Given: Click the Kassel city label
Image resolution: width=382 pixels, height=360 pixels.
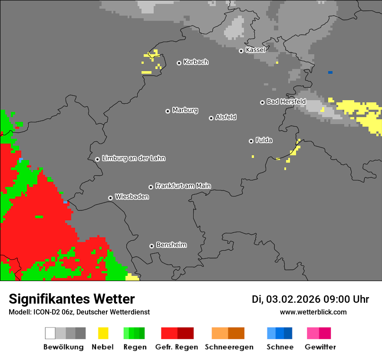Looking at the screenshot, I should tap(255, 50).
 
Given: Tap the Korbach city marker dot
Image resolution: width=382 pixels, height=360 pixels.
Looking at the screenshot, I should tap(179, 63).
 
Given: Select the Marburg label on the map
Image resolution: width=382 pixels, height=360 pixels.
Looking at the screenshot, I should tap(185, 110).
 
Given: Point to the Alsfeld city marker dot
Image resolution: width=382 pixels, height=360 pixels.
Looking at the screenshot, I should tap(211, 118).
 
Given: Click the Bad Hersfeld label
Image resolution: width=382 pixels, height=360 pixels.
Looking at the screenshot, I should tap(286, 101).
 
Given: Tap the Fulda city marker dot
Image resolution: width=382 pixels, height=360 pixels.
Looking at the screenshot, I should tap(251, 141).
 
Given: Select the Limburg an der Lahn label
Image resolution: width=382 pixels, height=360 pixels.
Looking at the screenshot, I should tap(133, 158).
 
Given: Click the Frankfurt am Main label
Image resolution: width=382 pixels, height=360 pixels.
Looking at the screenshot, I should tap(183, 186).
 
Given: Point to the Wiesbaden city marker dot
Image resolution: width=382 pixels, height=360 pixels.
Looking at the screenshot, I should tap(110, 198).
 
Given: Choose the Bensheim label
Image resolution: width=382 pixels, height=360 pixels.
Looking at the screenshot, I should tap(171, 245).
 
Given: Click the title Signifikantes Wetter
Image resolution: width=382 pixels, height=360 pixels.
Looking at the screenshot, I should tap(72, 299).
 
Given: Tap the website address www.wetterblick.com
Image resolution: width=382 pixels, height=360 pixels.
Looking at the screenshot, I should tap(313, 312).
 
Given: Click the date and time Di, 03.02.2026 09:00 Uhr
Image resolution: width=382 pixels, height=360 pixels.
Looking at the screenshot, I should tap(310, 299).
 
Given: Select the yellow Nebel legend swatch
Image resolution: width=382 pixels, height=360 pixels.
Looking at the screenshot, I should tap(103, 333).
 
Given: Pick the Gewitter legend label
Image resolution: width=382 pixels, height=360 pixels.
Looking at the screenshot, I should tap(320, 347).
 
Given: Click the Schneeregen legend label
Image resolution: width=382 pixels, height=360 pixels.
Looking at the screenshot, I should tap(228, 347).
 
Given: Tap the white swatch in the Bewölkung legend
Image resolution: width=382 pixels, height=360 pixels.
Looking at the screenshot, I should tap(50, 333).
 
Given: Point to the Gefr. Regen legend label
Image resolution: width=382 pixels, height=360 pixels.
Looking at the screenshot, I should tap(177, 347).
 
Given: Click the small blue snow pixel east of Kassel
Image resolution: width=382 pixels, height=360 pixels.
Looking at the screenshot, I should tap(330, 72).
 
